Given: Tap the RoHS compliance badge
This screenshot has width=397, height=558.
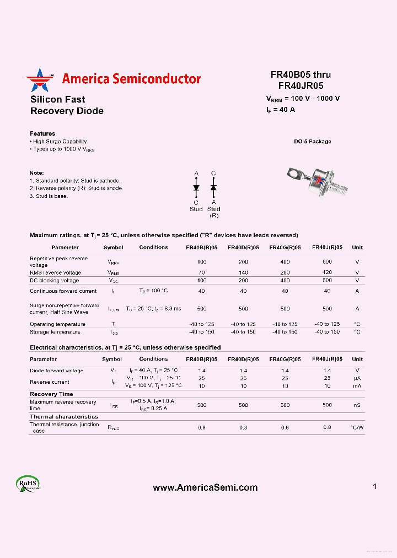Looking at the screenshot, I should click(28, 483).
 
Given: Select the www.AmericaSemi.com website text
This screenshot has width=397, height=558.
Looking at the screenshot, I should click(205, 487).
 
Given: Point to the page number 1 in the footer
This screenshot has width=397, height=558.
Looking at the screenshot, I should click(374, 486).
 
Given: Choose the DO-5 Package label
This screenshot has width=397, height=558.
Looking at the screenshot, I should click(312, 142).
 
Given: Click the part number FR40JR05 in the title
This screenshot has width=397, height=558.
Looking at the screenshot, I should click(301, 85).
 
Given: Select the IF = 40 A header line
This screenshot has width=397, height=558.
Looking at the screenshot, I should click(281, 110).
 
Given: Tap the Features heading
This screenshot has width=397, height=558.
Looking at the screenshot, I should click(42, 133).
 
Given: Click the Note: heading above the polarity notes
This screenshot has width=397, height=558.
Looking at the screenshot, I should click(36, 173).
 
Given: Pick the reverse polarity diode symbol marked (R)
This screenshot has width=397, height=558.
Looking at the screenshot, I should click(213, 188).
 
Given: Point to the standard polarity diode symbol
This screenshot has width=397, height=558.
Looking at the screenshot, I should click(196, 188).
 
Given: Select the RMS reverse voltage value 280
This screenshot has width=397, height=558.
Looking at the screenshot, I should click(285, 272).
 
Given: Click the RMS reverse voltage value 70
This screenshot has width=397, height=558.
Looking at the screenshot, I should click(202, 272).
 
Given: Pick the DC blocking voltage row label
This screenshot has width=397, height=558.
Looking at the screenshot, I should click(55, 281).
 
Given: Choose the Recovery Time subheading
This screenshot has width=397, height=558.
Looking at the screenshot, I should click(51, 394).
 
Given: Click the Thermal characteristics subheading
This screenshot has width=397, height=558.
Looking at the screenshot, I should click(64, 417).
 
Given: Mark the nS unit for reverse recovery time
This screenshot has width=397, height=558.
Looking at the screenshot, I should click(357, 405).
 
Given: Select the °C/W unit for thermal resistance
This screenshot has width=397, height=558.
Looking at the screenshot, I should click(357, 427).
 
